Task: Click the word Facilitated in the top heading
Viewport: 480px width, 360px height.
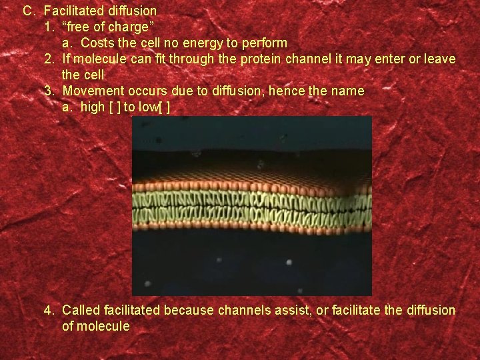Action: [x=75, y=11]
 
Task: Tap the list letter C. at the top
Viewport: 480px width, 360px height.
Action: [x=29, y=11]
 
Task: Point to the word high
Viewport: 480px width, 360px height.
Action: [x=92, y=107]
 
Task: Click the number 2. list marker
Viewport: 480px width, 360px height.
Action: [x=49, y=59]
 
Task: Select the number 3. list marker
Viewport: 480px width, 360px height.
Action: [x=49, y=91]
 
